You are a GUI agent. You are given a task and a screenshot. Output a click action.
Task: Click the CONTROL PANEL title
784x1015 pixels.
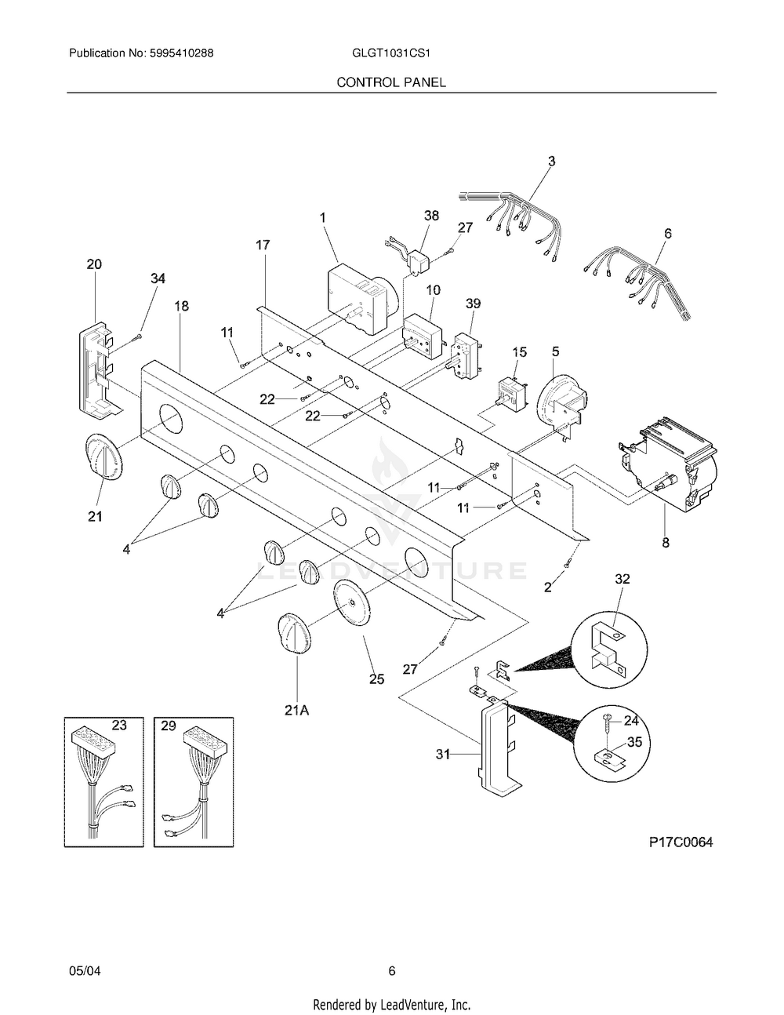[391, 82]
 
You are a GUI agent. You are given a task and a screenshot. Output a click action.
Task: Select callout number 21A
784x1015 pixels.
[297, 711]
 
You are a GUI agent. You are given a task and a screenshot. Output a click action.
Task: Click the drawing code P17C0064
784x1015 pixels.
[681, 842]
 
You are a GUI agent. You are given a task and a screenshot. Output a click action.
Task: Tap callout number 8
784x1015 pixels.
[665, 541]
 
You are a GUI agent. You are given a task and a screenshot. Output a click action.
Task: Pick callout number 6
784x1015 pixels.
[667, 233]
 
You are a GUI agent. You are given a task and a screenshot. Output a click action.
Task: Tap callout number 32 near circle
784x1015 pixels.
[622, 578]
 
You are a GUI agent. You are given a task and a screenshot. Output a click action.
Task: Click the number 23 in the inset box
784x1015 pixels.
[118, 726]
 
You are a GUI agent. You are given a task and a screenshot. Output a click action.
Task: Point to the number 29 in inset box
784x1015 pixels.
[169, 726]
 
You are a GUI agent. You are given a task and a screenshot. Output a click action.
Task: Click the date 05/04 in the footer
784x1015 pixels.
[85, 971]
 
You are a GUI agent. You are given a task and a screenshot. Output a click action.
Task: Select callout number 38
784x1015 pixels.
[430, 216]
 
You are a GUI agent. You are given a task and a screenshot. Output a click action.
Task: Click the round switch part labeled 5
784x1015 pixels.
[560, 400]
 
